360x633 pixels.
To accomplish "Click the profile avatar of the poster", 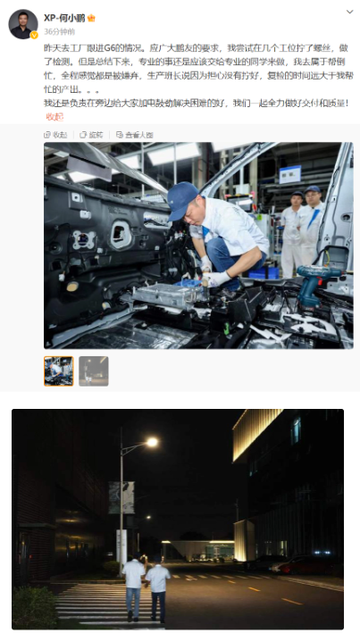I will click(23, 24).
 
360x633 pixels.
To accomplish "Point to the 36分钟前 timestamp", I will click(59, 29).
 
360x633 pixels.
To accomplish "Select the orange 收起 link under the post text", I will click(55, 116).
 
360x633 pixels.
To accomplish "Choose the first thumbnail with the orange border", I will click(59, 371).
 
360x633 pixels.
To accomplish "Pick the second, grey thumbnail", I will click(93, 371).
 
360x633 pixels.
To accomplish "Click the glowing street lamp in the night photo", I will click(151, 441).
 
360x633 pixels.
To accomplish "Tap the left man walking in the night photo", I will click(134, 584).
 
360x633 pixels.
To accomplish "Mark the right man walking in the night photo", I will click(158, 587).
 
